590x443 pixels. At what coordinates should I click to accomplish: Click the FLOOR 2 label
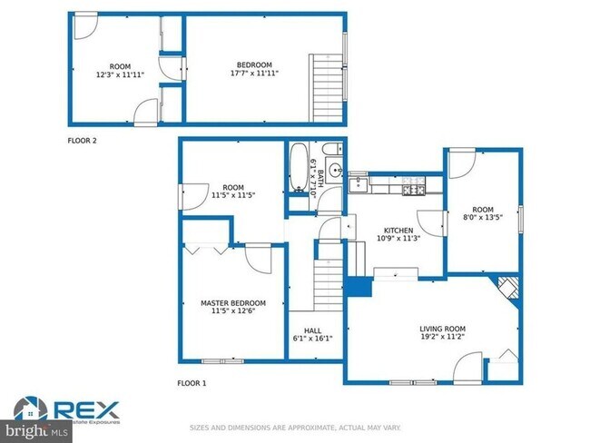[x=82, y=141]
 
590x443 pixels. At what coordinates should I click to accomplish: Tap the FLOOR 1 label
[x=192, y=383]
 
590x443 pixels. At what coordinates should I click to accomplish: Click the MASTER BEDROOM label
[x=232, y=302]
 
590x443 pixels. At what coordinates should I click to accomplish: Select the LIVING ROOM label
[x=442, y=329]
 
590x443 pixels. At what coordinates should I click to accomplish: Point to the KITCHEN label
[x=398, y=231]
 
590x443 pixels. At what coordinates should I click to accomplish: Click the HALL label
[x=312, y=330]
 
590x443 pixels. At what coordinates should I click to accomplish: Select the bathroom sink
[x=334, y=170]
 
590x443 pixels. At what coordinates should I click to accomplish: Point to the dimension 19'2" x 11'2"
[x=442, y=338]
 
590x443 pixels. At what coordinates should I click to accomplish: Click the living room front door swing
[x=469, y=366]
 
